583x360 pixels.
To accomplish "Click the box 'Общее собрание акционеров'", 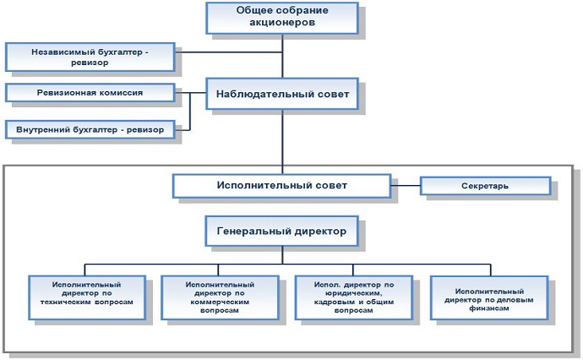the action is click(x=282, y=19).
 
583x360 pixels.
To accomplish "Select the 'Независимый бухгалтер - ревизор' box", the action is click(x=90, y=57).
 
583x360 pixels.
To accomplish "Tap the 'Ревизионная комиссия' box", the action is click(x=90, y=93).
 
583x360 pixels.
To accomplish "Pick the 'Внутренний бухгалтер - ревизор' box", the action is click(x=90, y=130).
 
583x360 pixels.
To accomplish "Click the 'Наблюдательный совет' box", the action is click(x=282, y=94).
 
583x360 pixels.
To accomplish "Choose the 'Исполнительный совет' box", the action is click(x=282, y=186).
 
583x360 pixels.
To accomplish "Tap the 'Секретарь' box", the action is click(x=485, y=186).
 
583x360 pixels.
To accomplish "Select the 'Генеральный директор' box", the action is click(x=282, y=231).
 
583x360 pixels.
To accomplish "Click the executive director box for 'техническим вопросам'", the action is click(x=87, y=297).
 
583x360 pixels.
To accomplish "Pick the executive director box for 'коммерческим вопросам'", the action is click(x=220, y=297).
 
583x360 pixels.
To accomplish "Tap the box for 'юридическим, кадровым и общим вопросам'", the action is click(x=353, y=297).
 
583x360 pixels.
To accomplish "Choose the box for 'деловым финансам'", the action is click(x=489, y=297).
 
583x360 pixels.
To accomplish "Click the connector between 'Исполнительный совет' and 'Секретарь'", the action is click(x=406, y=185).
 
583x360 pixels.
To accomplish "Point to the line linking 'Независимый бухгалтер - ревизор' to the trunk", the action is click(x=229, y=52).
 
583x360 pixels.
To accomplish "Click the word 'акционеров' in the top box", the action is click(x=282, y=22).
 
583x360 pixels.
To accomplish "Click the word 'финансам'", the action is click(x=489, y=308).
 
